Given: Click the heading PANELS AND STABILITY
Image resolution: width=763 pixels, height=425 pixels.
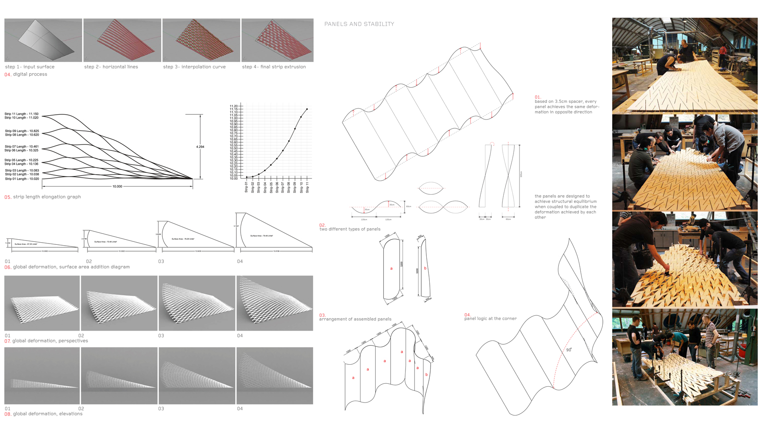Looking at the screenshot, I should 359,24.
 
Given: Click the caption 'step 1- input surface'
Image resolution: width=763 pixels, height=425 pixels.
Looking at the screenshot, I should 30,67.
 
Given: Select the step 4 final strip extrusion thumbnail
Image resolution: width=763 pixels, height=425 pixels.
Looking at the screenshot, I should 277,40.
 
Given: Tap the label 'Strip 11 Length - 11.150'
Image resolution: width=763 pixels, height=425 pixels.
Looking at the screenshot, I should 22,114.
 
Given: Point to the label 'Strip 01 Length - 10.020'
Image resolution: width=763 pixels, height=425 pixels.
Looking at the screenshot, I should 22,179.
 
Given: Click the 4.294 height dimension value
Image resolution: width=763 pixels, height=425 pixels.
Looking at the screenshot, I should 200,147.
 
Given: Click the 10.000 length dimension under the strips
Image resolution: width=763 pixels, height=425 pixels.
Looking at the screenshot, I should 117,187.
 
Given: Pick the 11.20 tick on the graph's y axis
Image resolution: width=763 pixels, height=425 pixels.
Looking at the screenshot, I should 234,106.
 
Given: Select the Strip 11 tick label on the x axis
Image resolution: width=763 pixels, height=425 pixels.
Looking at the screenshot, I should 307,187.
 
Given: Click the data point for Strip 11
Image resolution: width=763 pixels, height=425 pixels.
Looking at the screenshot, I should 307,109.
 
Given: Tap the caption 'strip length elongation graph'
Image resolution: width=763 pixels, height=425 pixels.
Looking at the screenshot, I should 47,197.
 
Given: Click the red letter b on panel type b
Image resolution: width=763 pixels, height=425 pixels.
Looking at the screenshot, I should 425,268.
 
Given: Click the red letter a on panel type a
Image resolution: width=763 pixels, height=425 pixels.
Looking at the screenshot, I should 391,268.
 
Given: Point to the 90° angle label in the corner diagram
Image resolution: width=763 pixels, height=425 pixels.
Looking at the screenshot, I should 569,350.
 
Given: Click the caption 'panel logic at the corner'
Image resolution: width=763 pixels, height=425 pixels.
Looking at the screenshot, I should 491,318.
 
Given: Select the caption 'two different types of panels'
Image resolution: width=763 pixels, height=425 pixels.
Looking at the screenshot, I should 350,229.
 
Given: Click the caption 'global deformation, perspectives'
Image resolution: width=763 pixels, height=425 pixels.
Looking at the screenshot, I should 50,341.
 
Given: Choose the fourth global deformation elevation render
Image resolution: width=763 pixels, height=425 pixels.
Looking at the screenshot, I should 275,375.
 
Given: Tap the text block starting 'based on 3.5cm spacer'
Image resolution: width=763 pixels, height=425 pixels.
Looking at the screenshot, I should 567,107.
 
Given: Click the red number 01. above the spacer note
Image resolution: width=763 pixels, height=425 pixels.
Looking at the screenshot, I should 538,97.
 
